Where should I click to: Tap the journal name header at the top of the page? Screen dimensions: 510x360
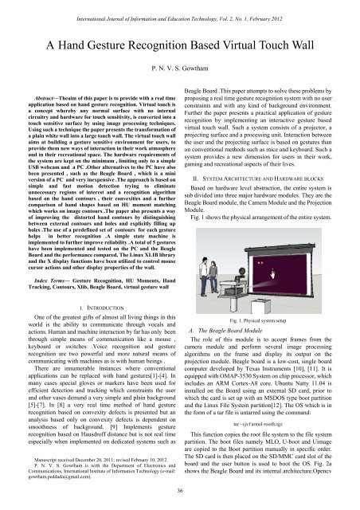tap(180, 6)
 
